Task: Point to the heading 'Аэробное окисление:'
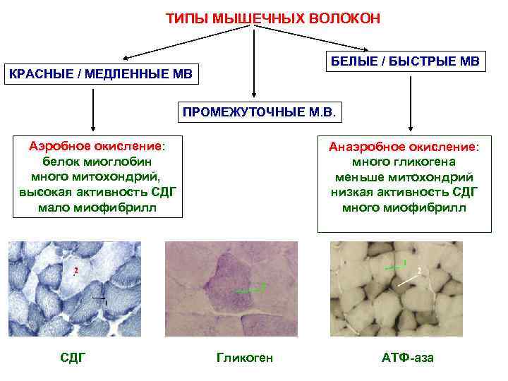coord(97,146)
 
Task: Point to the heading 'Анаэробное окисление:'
coord(404,147)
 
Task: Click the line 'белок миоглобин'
coord(97,162)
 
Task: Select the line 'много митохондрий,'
coord(97,176)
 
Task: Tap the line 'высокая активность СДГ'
coord(97,192)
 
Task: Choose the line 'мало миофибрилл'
coord(97,207)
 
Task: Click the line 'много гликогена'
coord(404,162)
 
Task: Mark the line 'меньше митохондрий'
coord(404,177)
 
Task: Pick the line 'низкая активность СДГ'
coord(404,192)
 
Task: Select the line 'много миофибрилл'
coord(404,207)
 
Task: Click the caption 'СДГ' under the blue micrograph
coord(73,358)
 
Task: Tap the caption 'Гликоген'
coord(244,358)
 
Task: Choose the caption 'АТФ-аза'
coord(408,358)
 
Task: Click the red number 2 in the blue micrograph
coord(75,271)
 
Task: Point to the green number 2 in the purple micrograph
coord(262,286)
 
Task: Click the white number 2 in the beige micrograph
coord(420,272)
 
